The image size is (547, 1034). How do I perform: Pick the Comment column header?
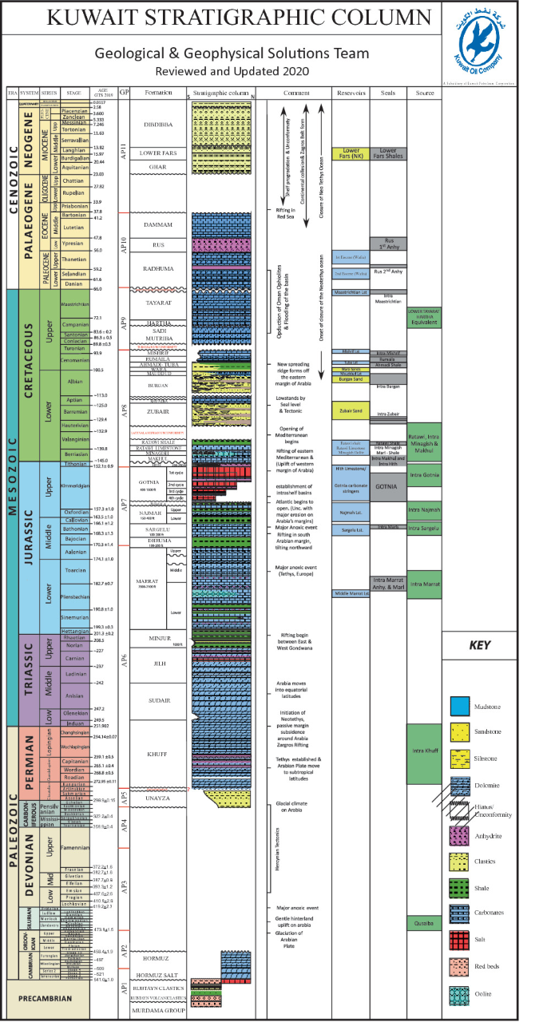pos(295,93)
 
